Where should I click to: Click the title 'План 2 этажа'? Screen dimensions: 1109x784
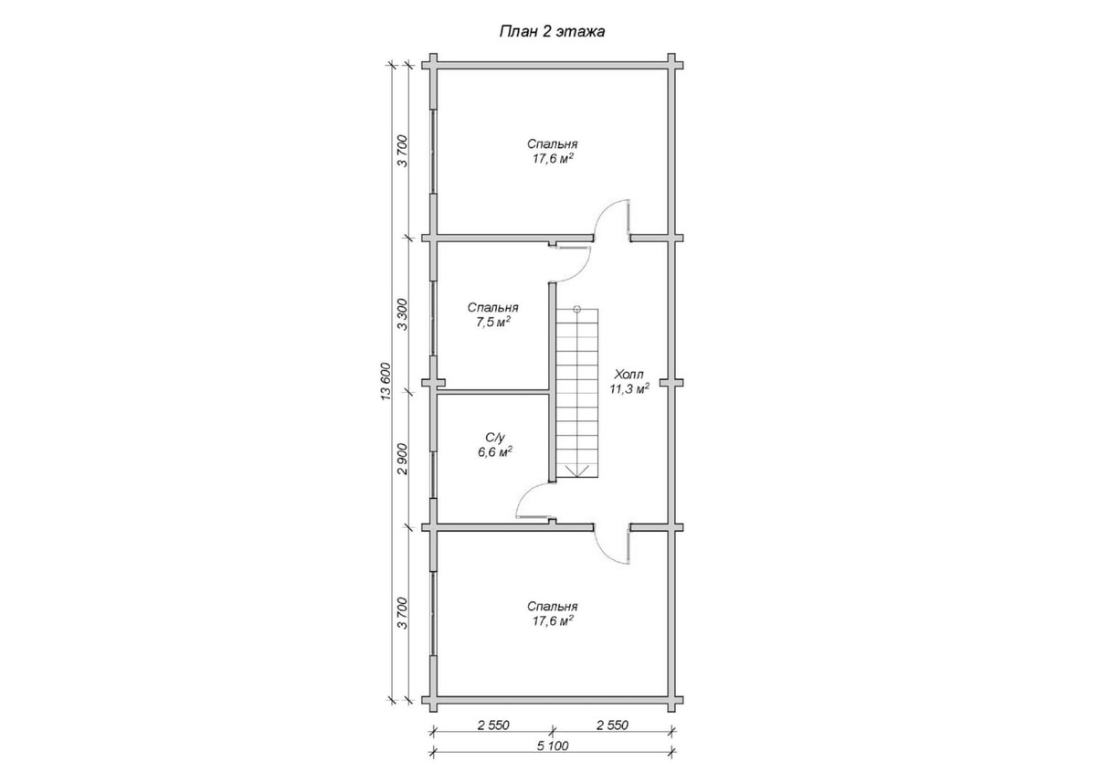click(552, 32)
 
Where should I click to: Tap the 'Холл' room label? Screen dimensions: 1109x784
click(628, 374)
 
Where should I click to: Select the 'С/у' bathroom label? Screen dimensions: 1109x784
click(494, 438)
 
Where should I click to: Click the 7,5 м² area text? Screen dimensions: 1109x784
click(493, 323)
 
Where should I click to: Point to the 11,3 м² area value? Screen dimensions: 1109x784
click(629, 388)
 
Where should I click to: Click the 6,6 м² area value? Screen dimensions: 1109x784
click(494, 452)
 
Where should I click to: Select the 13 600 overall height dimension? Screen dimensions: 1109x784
click(386, 381)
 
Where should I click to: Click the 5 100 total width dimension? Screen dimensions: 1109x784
click(553, 746)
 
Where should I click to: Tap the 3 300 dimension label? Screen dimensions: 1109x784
click(403, 314)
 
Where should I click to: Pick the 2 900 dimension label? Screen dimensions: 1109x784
click(403, 459)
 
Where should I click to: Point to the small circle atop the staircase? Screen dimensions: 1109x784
click(576, 309)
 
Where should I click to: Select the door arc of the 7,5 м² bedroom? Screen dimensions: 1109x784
click(580, 273)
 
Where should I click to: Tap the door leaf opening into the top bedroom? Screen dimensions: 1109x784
click(628, 217)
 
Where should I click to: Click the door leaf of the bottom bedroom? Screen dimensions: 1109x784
click(628, 546)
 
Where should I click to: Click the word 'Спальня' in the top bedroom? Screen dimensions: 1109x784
click(552, 144)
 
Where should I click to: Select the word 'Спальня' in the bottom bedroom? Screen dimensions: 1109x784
click(552, 607)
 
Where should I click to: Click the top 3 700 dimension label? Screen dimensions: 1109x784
click(403, 151)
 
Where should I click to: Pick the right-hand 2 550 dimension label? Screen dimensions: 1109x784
click(612, 726)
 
